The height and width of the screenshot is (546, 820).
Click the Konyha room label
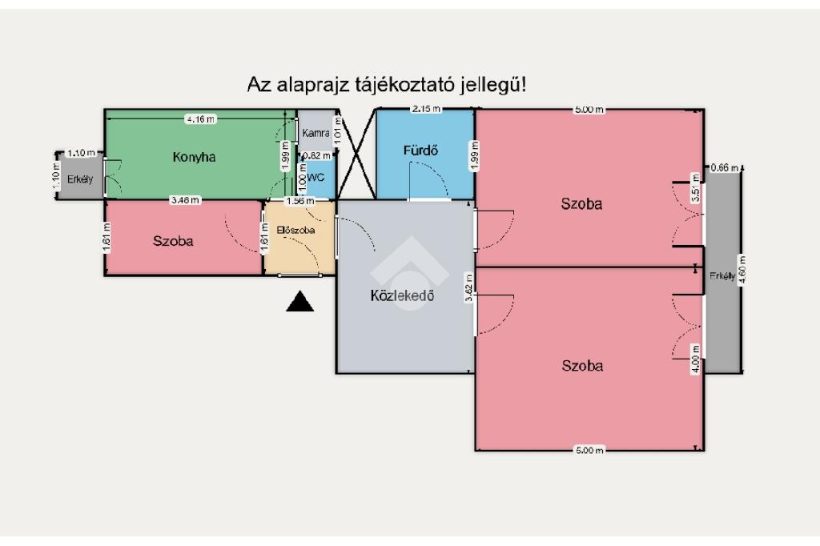pos(194,157)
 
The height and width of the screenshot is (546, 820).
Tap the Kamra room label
pos(316,133)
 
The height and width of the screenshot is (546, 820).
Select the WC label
pos(316,177)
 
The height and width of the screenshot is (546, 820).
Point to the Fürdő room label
pos(420,151)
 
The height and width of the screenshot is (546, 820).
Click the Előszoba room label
pos(295,230)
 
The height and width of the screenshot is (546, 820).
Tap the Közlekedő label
pos(402,295)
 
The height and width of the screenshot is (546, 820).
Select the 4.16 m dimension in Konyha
pos(201,119)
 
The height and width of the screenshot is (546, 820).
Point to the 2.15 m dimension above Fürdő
pos(426,109)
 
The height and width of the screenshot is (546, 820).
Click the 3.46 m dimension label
pos(185,200)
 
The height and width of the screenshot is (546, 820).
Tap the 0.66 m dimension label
pos(724,168)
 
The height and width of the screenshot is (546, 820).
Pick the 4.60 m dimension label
pos(742,269)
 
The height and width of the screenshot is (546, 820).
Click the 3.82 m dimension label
pos(469,287)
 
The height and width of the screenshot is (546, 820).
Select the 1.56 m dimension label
pos(300,201)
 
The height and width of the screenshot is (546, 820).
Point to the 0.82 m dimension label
pos(317,155)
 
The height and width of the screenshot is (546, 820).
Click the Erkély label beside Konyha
pos(80,179)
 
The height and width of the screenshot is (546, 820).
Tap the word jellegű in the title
pos(492,85)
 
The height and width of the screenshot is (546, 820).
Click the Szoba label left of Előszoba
pos(173,241)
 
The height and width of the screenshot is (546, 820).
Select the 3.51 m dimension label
pos(695,188)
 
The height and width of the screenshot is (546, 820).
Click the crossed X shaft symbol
pos(356,155)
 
